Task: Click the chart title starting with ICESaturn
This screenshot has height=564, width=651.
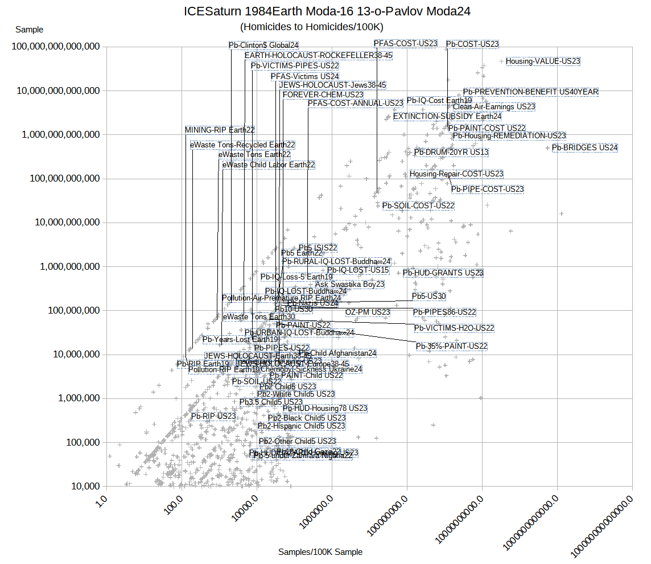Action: [327, 11]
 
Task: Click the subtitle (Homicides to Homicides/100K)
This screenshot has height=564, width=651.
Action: [311, 27]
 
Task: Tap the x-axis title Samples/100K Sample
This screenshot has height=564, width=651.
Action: [320, 551]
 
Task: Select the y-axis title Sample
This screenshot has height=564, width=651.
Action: [29, 30]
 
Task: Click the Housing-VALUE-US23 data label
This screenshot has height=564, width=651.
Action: [542, 61]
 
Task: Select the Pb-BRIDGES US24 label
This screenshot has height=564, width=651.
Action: [584, 147]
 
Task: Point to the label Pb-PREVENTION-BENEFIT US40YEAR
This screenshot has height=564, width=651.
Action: [530, 92]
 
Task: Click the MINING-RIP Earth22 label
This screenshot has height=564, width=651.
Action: [220, 130]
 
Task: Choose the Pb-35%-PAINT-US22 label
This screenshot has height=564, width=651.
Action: [451, 346]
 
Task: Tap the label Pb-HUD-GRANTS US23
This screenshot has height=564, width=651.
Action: [443, 273]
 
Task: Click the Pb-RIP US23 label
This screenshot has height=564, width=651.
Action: [213, 416]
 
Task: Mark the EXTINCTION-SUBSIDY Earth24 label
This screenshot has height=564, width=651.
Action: [447, 116]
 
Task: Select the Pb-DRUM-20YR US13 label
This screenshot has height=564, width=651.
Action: [451, 152]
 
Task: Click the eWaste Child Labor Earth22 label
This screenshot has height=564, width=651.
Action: [269, 164]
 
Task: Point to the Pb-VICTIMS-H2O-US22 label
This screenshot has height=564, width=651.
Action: [454, 328]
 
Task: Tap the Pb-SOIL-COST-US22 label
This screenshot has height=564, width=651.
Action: [418, 205]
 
